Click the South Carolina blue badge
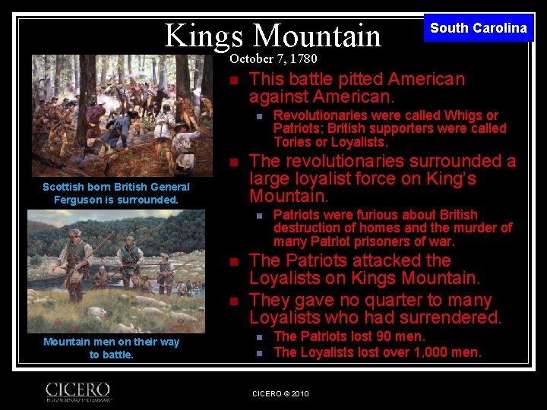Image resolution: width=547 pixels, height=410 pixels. coord(478,28)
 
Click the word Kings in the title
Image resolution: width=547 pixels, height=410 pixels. coord(204,35)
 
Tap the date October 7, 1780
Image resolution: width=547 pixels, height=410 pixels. coord(273,58)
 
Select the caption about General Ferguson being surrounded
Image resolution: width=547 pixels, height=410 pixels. coord(116,193)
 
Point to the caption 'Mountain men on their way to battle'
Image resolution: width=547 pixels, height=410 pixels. coord(111,348)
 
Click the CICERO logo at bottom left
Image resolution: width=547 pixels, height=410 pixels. coord(78,390)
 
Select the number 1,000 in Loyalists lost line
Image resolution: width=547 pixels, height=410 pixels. coord(433,352)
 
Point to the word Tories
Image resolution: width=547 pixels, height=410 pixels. coord(293,142)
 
